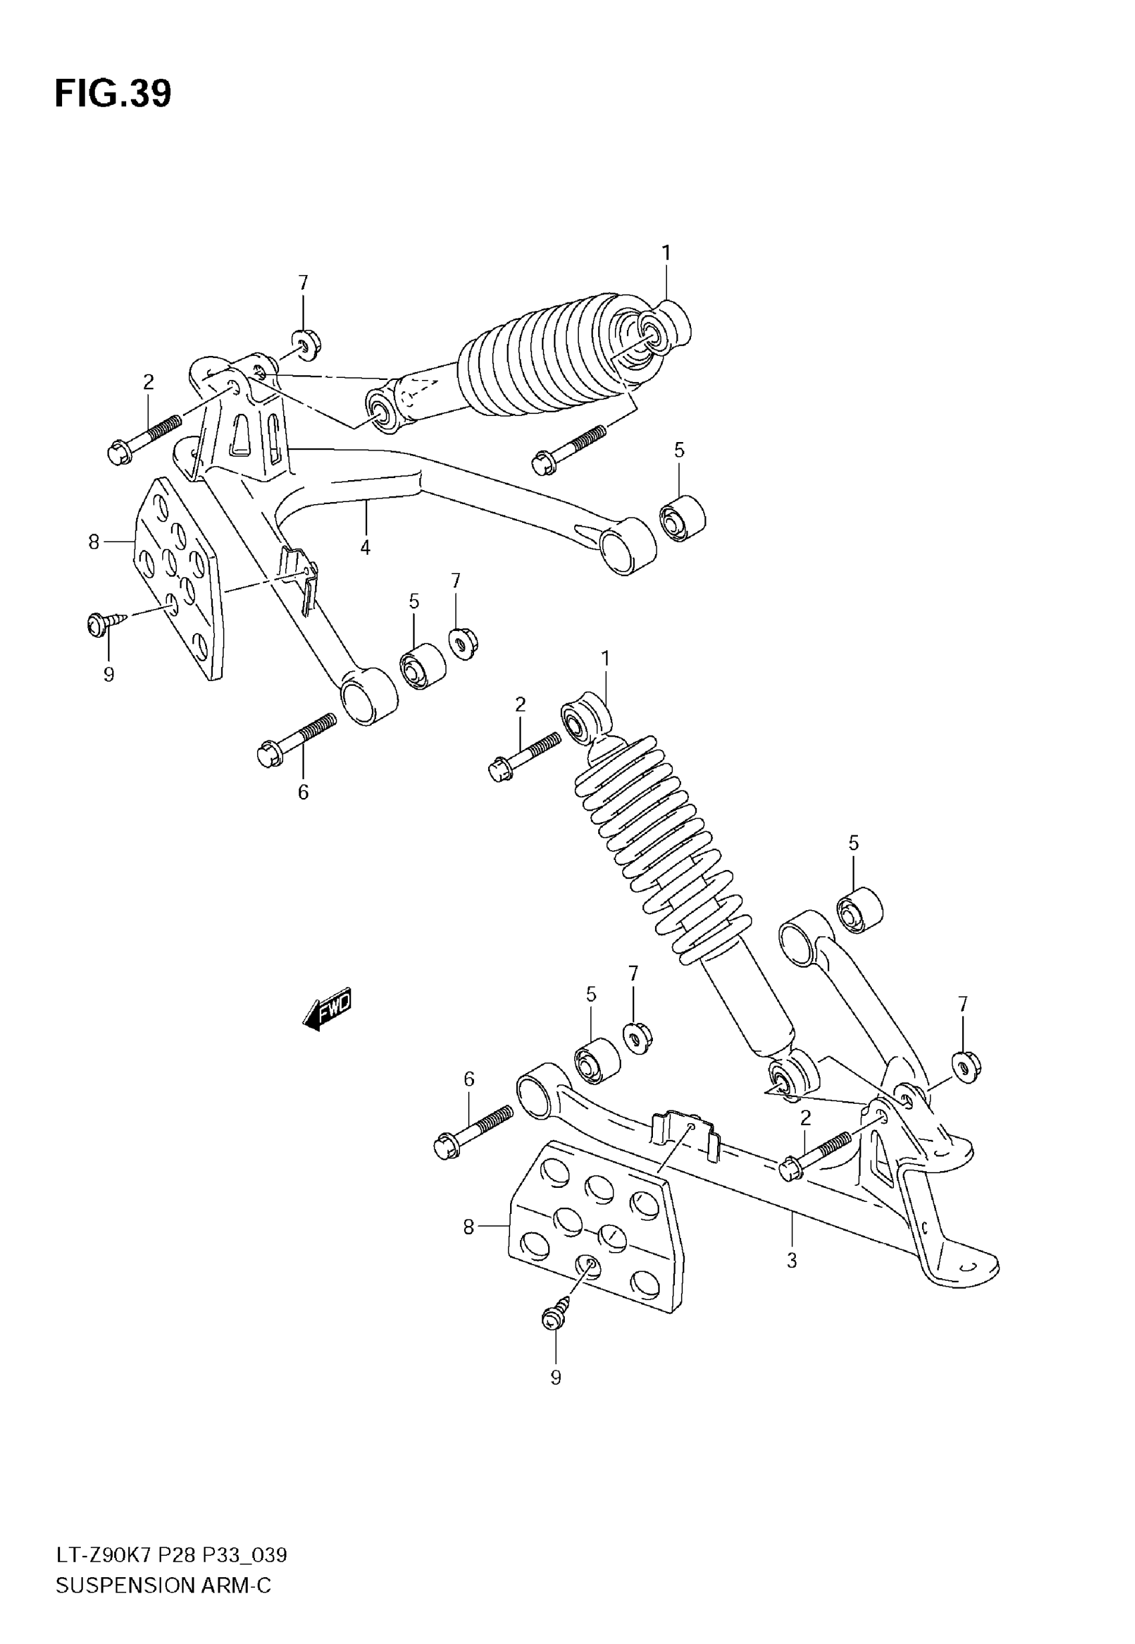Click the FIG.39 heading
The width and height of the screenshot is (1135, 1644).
(x=113, y=94)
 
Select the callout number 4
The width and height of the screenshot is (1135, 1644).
(x=365, y=548)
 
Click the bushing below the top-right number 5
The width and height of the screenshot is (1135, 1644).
(x=681, y=519)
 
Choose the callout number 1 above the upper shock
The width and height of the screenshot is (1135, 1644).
(x=666, y=253)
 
